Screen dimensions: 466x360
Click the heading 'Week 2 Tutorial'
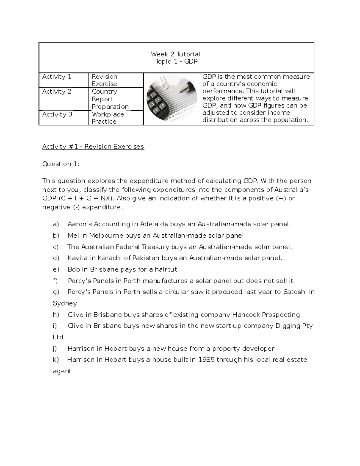(175, 54)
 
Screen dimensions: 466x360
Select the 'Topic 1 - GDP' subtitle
(176, 62)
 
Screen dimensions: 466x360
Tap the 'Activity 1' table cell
(57, 77)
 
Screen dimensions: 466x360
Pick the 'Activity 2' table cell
(57, 92)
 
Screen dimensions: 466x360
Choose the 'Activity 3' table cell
(57, 114)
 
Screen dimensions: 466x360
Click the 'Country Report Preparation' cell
(110, 99)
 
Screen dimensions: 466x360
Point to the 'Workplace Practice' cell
(108, 118)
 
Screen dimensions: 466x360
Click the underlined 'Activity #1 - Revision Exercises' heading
(93, 146)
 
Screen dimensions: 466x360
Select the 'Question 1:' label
(61, 164)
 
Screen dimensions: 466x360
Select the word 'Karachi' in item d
(109, 258)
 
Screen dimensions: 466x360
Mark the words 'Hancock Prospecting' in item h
(266, 315)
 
